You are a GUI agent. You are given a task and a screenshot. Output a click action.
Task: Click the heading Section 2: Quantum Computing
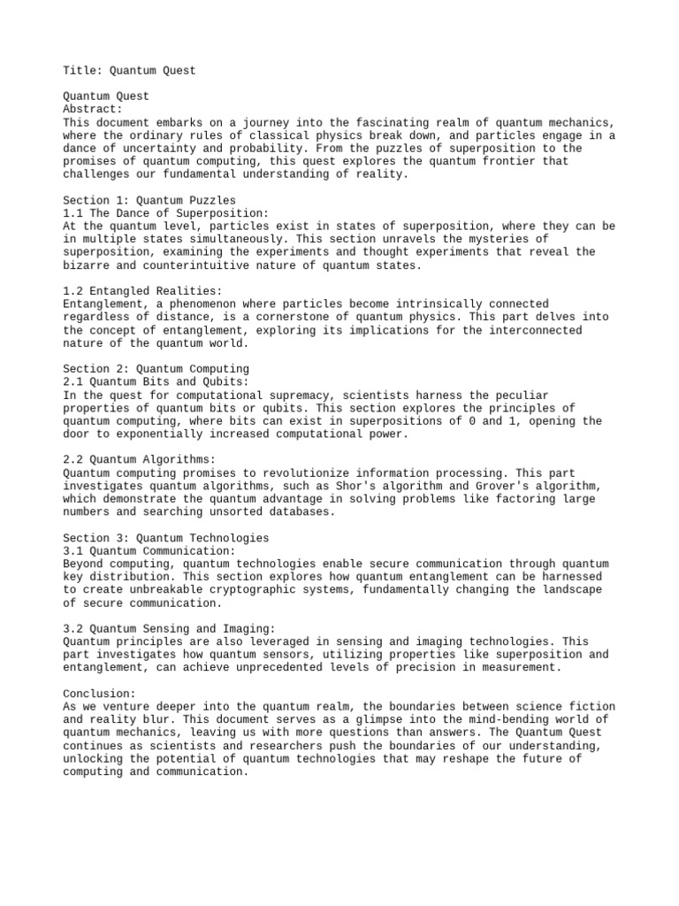(156, 369)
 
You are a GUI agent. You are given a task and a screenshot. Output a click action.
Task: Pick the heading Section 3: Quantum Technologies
(166, 538)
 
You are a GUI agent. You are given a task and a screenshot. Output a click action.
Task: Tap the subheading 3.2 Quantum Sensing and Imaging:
(170, 628)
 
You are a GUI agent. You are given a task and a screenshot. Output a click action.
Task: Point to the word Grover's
(504, 487)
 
